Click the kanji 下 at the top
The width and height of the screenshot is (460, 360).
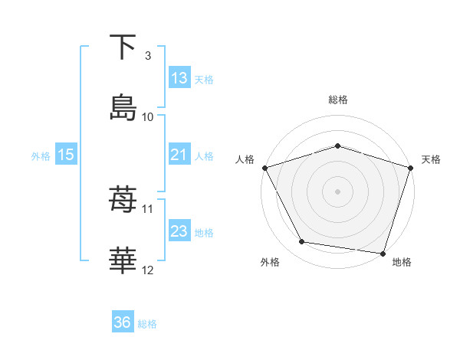(x=123, y=47)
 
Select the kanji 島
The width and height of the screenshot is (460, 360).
(x=123, y=106)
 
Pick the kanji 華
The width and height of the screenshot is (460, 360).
(x=123, y=260)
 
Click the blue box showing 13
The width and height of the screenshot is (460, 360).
(x=179, y=78)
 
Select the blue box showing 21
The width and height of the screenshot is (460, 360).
(x=179, y=155)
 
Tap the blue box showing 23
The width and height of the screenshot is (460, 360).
(x=179, y=231)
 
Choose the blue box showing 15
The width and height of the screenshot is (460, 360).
(x=66, y=155)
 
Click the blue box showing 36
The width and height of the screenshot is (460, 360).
(x=123, y=323)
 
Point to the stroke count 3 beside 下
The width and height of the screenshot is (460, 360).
(x=148, y=56)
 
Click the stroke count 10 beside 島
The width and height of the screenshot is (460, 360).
(x=148, y=116)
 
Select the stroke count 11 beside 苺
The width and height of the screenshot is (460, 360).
(x=148, y=208)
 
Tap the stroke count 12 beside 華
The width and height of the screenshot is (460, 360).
(x=148, y=270)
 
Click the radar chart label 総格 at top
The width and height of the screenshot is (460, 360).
(x=337, y=100)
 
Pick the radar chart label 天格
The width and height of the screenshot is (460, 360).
(x=431, y=159)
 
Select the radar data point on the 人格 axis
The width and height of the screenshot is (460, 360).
(x=264, y=168)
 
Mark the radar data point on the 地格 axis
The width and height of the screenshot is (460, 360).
(x=383, y=253)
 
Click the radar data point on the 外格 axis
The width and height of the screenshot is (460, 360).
(x=302, y=242)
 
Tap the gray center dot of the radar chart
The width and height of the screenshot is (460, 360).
(x=337, y=191)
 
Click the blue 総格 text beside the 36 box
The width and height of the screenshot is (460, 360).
(x=147, y=324)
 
